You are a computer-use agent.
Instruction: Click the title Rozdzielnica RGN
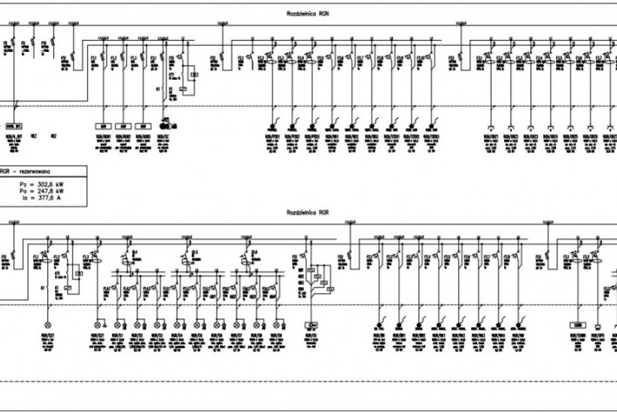(x=308, y=14)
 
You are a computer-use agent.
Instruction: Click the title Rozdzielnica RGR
(x=308, y=213)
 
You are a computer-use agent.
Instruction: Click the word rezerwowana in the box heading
(x=29, y=171)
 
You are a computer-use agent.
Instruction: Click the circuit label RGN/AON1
(x=104, y=136)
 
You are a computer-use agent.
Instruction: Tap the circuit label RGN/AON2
(x=124, y=136)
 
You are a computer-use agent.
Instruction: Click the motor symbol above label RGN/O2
(x=166, y=127)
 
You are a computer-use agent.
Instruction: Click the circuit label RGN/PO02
(x=292, y=136)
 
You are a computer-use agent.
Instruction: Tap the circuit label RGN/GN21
(x=491, y=136)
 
